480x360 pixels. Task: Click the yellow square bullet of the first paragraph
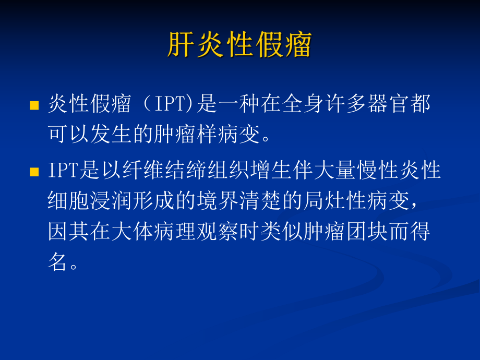click(34, 106)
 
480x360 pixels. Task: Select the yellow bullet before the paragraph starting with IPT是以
click(34, 172)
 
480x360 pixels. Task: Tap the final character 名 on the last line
click(58, 262)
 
